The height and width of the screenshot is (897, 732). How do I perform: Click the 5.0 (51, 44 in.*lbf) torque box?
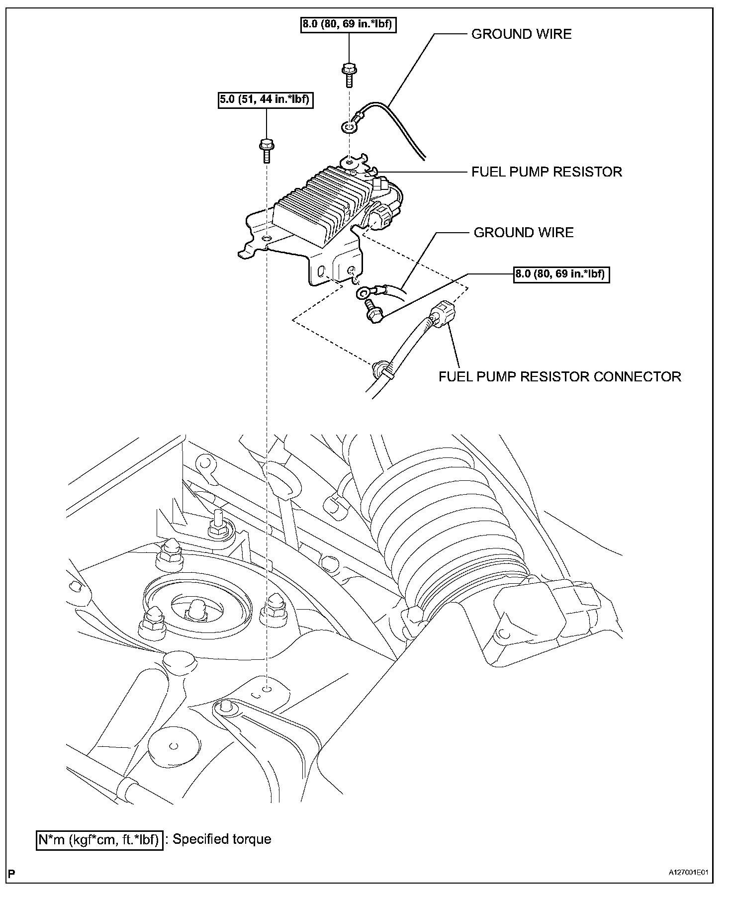pos(264,100)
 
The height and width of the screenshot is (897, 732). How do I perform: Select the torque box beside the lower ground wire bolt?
pos(561,273)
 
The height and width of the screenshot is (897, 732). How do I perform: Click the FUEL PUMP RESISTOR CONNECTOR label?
pos(559,376)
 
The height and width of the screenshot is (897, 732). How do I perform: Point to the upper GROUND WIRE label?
pos(521,34)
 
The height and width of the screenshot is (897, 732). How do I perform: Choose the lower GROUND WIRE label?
pos(523,232)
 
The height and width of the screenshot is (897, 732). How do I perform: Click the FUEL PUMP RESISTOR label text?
pos(547,172)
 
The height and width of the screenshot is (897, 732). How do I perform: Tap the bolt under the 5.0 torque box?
pos(266,149)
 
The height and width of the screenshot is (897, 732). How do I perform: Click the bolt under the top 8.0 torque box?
pos(349,74)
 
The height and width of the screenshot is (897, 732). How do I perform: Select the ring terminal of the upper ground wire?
pos(349,128)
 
